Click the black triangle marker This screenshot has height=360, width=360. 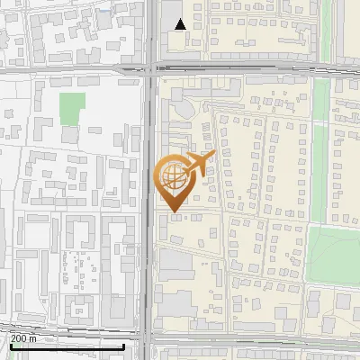(181, 24)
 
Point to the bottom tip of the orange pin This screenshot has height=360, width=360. (173, 211)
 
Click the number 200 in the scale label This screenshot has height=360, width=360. (19, 338)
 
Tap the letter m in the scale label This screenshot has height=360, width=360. (33, 338)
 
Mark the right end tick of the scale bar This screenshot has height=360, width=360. (123, 346)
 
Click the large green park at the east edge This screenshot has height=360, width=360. (335, 252)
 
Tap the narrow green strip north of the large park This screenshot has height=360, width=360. (319, 171)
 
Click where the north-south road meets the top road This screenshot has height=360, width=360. (148, 67)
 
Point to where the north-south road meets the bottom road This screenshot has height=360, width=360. (147, 343)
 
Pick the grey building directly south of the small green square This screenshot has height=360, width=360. (70, 135)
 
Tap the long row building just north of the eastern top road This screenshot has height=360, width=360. (261, 54)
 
